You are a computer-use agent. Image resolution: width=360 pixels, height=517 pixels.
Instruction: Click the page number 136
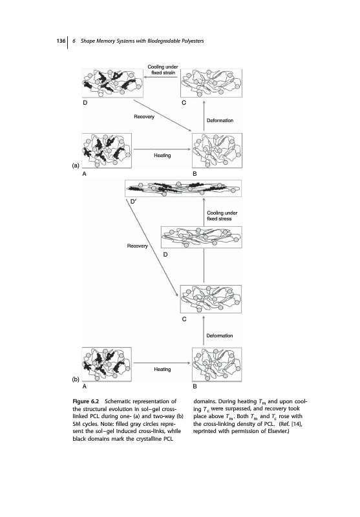coord(61,41)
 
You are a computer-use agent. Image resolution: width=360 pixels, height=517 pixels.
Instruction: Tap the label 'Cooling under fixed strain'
coord(163,70)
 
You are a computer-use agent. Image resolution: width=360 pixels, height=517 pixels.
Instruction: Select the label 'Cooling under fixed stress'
coord(222,216)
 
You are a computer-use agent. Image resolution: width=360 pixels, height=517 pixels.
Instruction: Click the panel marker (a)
coord(76,165)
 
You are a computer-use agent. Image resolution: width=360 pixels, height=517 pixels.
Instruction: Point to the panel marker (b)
coord(76,379)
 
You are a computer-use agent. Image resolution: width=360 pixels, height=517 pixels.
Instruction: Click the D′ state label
coord(133,201)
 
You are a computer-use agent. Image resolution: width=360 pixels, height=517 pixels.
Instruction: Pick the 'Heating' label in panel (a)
coord(162,155)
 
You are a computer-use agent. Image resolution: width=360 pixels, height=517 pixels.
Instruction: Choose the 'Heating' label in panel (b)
coord(162,369)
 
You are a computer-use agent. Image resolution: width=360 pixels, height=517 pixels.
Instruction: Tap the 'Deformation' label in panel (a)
coord(220,120)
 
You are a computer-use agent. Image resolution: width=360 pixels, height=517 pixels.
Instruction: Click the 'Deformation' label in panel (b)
coord(220,335)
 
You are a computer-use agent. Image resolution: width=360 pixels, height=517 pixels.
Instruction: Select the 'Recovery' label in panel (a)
coord(144,117)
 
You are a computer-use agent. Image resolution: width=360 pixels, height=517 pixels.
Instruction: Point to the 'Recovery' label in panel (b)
coord(138,246)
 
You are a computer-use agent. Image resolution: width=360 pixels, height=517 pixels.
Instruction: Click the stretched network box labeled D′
coord(184,188)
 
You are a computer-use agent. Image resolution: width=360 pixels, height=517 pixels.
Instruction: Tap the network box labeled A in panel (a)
coord(107,151)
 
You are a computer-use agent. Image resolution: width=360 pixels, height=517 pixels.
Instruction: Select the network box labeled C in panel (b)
coord(211,299)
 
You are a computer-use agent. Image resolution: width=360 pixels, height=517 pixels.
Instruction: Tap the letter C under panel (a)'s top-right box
coord(184,103)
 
